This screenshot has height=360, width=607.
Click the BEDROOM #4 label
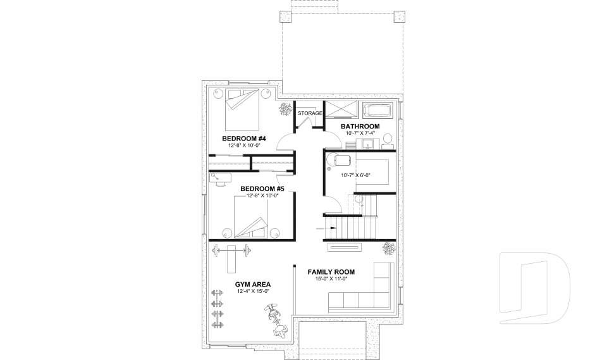coord(244,138)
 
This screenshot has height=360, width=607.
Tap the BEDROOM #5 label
coord(262,189)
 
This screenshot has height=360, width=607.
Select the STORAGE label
coord(310,113)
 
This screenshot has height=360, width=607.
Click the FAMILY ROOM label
coord(332,271)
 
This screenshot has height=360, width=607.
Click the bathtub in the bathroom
coord(379,111)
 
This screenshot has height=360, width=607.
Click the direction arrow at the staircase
coord(331,226)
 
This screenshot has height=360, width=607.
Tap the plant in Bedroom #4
coord(286,109)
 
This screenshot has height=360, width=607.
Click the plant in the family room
coord(388,248)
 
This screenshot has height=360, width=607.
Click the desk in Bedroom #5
coord(218,179)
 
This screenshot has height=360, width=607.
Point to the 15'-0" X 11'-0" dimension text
coord(331,279)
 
